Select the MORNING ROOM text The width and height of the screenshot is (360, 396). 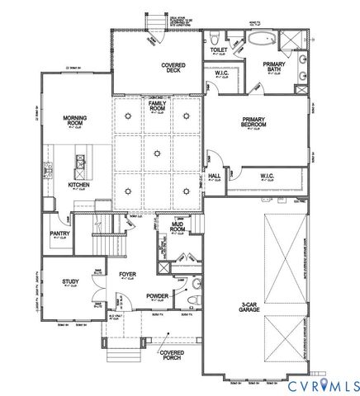click(x=76, y=120)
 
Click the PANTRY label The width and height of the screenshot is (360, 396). click(x=59, y=233)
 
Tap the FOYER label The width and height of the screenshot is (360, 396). click(x=127, y=274)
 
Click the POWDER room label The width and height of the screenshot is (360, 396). click(x=158, y=294)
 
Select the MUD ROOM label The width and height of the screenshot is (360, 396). click(x=178, y=227)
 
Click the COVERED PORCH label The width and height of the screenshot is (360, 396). click(x=172, y=354)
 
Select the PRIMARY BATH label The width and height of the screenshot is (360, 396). click(x=274, y=67)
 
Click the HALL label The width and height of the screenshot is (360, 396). click(x=214, y=175)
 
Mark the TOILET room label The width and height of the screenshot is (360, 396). click(x=219, y=49)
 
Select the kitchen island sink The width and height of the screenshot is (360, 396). click(x=81, y=163)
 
